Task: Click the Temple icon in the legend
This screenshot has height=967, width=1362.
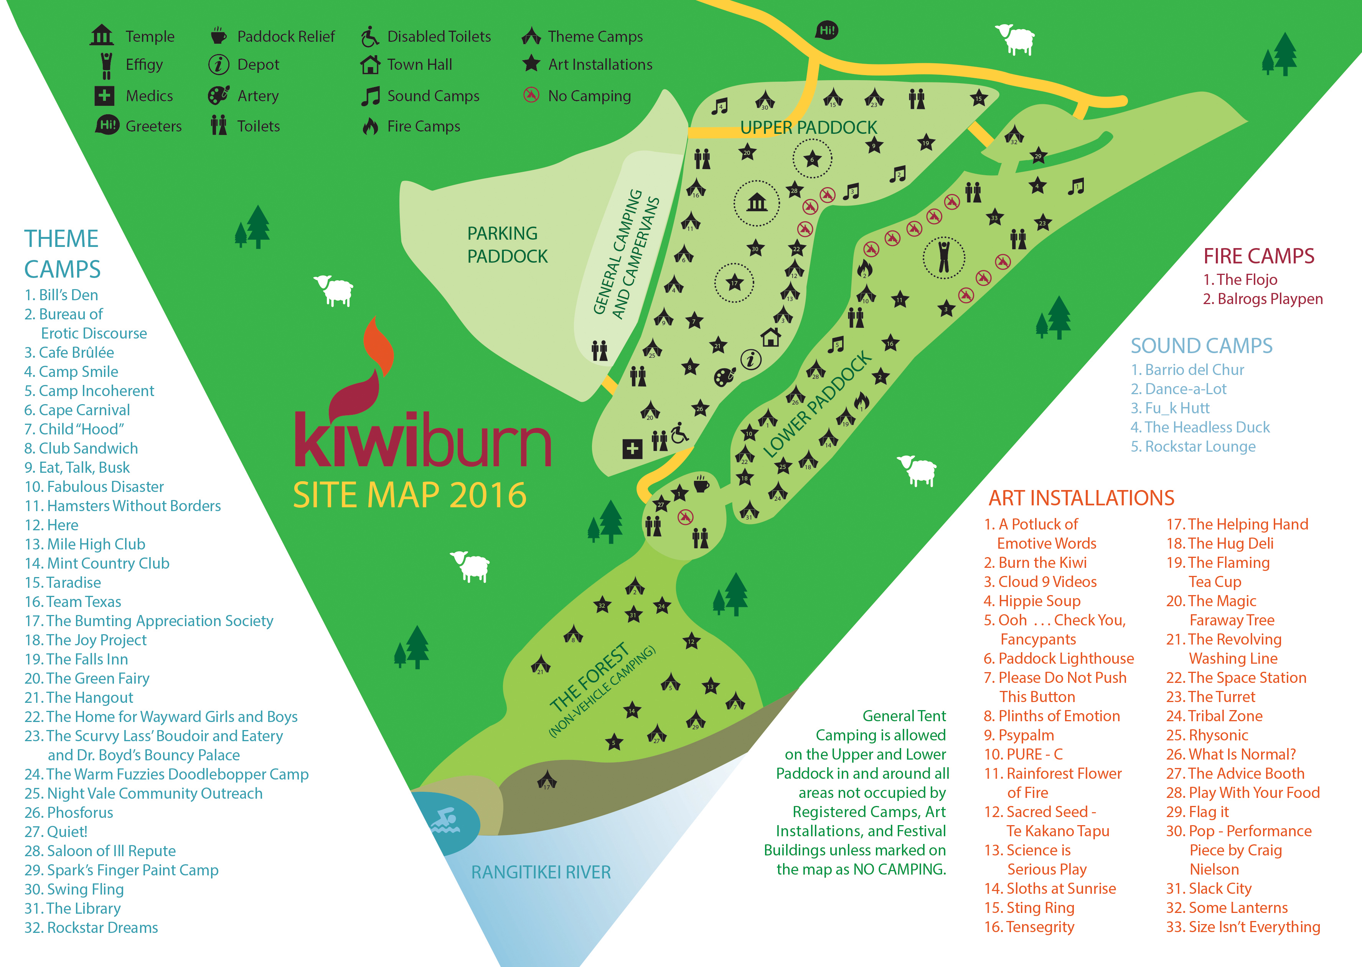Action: [101, 35]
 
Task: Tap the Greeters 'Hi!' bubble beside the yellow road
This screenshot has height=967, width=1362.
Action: [826, 30]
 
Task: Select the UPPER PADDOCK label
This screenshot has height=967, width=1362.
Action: [808, 127]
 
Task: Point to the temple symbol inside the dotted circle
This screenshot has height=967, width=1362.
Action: [757, 203]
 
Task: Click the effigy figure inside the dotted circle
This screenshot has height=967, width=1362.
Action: [944, 257]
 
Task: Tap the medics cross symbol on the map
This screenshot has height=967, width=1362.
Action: [632, 449]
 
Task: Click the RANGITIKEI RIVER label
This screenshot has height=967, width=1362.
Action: [541, 872]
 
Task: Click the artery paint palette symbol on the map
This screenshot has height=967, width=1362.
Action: [724, 376]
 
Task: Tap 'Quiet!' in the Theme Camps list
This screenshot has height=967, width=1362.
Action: [67, 832]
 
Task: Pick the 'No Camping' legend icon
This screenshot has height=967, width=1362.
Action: [531, 95]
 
